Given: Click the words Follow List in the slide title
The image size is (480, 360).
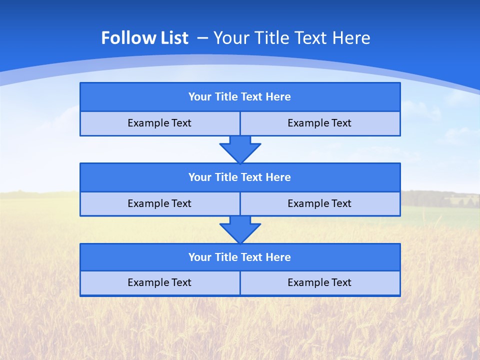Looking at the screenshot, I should [x=144, y=38].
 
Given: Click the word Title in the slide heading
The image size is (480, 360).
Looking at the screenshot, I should [x=271, y=38].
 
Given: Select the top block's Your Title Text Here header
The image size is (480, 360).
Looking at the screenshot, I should [x=239, y=97].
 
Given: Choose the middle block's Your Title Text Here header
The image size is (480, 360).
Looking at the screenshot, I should [x=239, y=177].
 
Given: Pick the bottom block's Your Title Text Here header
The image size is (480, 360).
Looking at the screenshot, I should [x=239, y=257].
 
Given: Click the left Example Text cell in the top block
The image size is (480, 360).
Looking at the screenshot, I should [x=159, y=123].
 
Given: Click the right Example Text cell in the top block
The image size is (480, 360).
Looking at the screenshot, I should [x=319, y=123].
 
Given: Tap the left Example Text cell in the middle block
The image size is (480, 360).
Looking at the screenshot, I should [x=159, y=203].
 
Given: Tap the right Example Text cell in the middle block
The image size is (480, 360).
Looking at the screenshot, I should [x=319, y=203].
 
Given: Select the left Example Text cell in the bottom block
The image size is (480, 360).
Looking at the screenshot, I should [x=159, y=282].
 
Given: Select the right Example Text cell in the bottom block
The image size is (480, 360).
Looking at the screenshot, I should [x=319, y=282].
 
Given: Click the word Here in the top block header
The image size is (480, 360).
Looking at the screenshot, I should [x=278, y=97].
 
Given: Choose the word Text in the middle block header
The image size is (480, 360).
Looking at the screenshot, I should [x=252, y=177].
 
